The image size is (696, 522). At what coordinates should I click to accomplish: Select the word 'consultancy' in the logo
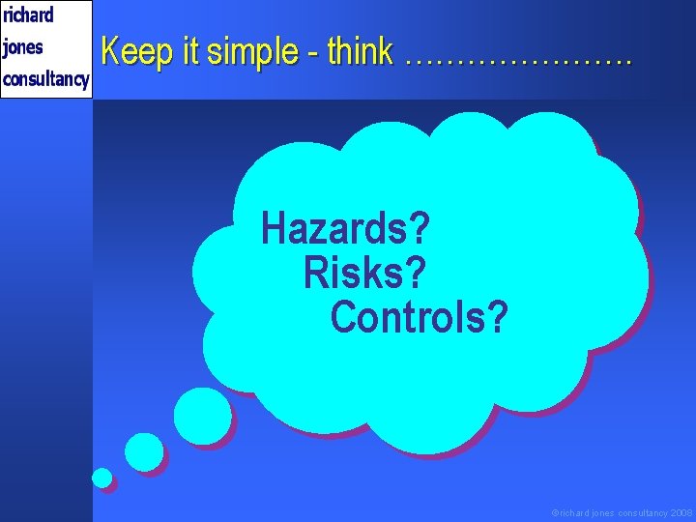point(45,78)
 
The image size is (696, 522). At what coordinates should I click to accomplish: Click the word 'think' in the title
point(360,51)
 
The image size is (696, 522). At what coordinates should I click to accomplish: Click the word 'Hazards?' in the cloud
point(345,230)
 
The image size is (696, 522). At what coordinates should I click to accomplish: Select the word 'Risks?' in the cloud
point(364,274)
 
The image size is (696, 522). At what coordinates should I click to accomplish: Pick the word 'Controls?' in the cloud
point(419,317)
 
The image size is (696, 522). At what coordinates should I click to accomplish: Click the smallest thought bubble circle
point(101,478)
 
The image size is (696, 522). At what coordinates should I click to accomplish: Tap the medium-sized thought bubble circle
point(144,451)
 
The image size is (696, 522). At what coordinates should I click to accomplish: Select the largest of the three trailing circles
point(202,416)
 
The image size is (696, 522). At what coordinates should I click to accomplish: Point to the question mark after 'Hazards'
point(419,230)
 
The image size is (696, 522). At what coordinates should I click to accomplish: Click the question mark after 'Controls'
point(495,317)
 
